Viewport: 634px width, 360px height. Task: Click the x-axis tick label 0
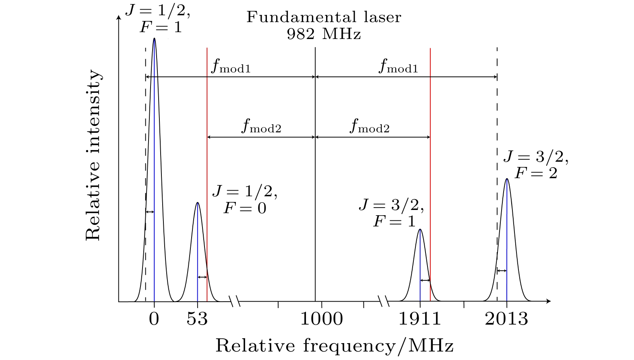(x=154, y=319)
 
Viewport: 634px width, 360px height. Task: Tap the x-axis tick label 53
(x=197, y=319)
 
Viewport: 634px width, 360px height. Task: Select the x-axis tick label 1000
(x=322, y=319)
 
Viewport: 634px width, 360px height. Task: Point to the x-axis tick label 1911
(x=420, y=319)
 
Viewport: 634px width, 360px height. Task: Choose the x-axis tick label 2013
(x=506, y=319)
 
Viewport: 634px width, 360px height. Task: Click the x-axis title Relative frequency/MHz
(x=335, y=346)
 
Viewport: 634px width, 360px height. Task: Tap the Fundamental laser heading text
(x=324, y=17)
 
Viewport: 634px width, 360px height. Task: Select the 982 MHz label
(x=324, y=34)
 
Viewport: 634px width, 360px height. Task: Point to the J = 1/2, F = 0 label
(x=245, y=200)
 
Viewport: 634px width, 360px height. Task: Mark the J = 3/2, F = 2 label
(x=536, y=165)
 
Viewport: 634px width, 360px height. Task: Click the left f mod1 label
(x=231, y=67)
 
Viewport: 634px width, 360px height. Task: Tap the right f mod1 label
(x=398, y=67)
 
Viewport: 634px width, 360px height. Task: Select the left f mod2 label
(x=261, y=126)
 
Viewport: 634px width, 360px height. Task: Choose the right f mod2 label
(x=370, y=126)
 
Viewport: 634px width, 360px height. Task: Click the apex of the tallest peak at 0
(x=154, y=39)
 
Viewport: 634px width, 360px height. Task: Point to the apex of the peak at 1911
(x=420, y=230)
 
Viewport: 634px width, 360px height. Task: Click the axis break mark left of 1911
(x=384, y=300)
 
